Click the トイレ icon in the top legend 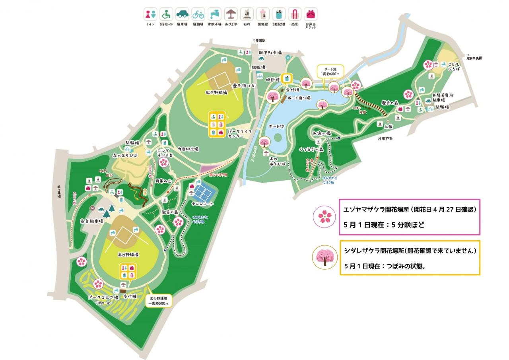pos(150,14)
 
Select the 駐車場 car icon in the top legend pos(182,14)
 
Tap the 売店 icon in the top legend pos(294,14)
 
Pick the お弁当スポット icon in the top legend pos(311,14)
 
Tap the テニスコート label pos(202,204)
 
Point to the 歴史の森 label pos(390,102)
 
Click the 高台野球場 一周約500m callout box pos(159,300)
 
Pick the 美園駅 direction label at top pos(260,41)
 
